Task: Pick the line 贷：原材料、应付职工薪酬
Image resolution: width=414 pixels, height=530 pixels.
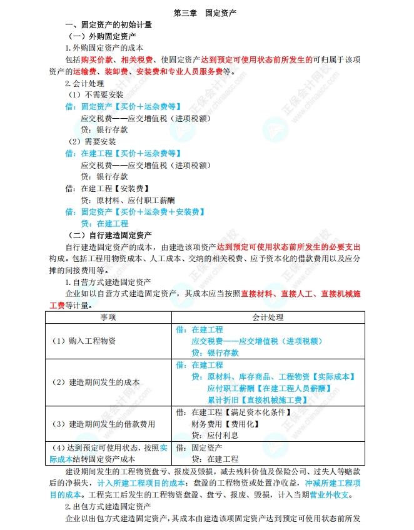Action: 128,200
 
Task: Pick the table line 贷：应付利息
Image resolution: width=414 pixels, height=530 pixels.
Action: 213,435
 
